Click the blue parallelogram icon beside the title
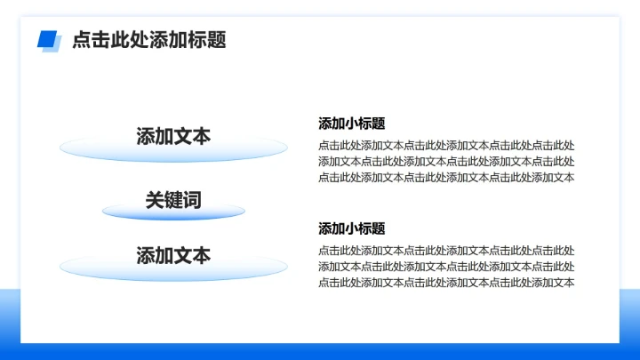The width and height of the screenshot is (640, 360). click(48, 40)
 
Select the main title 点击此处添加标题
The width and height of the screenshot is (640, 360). click(148, 40)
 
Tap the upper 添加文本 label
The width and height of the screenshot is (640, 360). click(173, 136)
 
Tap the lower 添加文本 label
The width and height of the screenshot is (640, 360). click(173, 256)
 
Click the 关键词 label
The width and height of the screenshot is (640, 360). click(173, 201)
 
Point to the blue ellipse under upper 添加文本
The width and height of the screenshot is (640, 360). click(173, 154)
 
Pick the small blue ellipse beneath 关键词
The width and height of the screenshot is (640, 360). click(173, 214)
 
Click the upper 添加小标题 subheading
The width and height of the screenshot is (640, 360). click(352, 124)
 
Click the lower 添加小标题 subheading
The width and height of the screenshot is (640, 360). click(352, 228)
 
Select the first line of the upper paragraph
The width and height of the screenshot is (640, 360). click(446, 146)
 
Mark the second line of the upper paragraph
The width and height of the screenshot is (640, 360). click(446, 162)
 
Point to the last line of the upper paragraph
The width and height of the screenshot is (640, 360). click(446, 178)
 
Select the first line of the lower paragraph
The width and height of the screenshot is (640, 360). click(446, 251)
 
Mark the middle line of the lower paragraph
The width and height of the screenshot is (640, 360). click(446, 267)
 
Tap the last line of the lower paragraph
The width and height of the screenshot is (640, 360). click(446, 283)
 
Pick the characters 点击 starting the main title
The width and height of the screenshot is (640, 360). click(91, 40)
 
